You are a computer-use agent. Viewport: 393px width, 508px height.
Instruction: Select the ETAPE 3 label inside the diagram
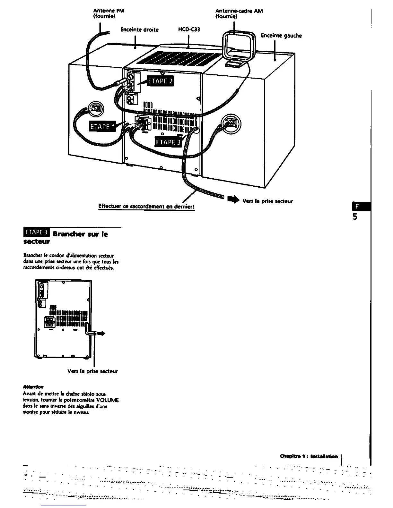click(x=168, y=142)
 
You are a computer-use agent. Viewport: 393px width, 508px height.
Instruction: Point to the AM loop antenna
click(x=239, y=47)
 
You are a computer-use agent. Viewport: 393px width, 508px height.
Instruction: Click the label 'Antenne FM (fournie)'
click(x=104, y=14)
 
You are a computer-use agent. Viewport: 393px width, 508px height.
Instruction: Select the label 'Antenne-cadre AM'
click(x=239, y=11)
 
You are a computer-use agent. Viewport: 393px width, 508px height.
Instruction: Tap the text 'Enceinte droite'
click(x=139, y=30)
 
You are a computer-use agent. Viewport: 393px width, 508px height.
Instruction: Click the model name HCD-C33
click(x=189, y=30)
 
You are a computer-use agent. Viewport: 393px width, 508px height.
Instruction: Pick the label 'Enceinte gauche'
click(x=281, y=36)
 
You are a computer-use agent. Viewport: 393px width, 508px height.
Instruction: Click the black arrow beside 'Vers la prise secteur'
click(x=233, y=200)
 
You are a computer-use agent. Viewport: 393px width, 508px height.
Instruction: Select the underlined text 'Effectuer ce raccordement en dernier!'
click(x=147, y=207)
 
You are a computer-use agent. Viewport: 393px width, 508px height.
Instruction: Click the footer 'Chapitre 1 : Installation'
click(x=309, y=456)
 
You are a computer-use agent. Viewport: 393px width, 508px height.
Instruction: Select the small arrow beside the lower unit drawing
click(x=101, y=334)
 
